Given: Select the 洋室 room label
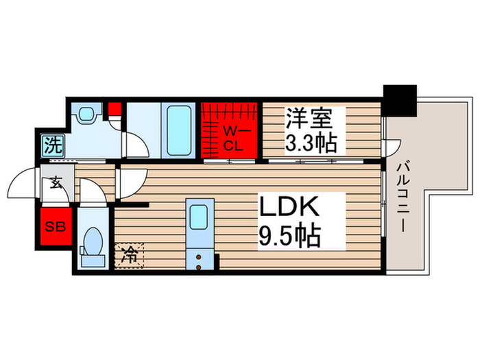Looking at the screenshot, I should (x=309, y=119).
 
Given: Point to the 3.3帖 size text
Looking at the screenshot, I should (x=312, y=144).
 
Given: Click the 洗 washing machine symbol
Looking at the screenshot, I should (x=51, y=145).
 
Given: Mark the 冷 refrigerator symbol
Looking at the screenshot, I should (x=129, y=256).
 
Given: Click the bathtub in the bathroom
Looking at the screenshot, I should (x=178, y=131).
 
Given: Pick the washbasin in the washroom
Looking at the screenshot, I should (x=87, y=115).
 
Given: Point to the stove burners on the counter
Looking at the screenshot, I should (x=199, y=260).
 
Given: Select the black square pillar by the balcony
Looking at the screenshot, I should (x=400, y=99).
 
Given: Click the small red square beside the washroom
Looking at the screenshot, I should (x=115, y=108).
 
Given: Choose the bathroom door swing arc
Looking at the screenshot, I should (x=134, y=145).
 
